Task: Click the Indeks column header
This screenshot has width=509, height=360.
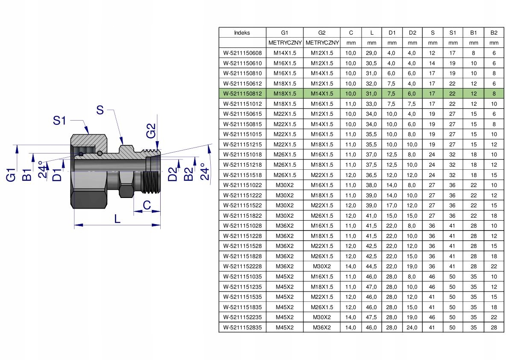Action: (242, 32)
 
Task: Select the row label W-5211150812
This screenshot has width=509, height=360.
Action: (242, 94)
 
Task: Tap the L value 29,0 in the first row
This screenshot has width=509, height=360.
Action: (371, 53)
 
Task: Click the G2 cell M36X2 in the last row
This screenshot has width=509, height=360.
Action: (322, 328)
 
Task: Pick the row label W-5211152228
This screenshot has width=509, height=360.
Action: (242, 266)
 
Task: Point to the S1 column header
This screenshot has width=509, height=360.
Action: (453, 32)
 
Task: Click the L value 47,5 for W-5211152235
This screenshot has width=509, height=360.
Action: (371, 317)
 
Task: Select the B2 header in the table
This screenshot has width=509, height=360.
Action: (494, 32)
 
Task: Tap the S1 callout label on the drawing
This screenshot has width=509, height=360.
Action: (60, 121)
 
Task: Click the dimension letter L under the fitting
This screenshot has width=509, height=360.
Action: (118, 218)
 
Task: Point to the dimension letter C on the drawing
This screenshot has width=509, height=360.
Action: (147, 206)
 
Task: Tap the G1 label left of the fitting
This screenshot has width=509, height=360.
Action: (12, 174)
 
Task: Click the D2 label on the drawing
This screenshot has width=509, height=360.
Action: (172, 174)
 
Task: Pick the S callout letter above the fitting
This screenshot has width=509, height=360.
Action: (100, 110)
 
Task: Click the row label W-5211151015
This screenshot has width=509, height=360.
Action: (242, 134)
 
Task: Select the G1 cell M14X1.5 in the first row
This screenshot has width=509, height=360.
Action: (285, 53)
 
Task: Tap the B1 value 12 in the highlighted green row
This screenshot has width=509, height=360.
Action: (473, 94)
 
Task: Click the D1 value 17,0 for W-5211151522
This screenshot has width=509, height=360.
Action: (392, 205)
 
